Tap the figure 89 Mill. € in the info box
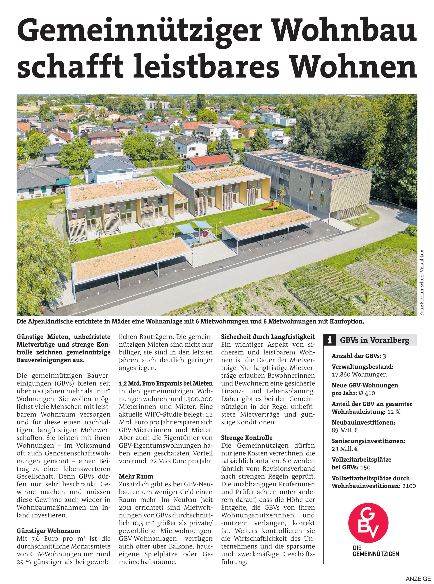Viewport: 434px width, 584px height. click(345, 430)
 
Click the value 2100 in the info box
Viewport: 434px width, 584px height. click(409, 486)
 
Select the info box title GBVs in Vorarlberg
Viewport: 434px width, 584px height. click(374, 341)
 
